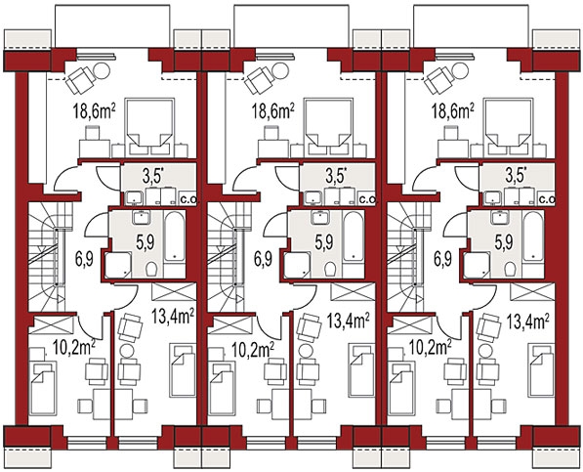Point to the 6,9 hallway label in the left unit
click(x=84, y=259)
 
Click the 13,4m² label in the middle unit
click(x=349, y=320)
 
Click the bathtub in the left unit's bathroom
click(x=174, y=236)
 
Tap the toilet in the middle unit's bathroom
click(x=330, y=269)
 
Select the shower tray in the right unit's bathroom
click(x=477, y=265)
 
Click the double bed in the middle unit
click(x=328, y=127)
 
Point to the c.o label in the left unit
click(x=188, y=200)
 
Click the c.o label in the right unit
click(x=547, y=200)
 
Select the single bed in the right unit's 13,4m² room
click(x=542, y=370)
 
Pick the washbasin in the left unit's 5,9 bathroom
click(x=141, y=217)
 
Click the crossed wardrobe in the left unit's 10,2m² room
click(x=52, y=325)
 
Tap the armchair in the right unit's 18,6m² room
click(x=437, y=81)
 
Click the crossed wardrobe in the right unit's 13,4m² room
click(x=532, y=291)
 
